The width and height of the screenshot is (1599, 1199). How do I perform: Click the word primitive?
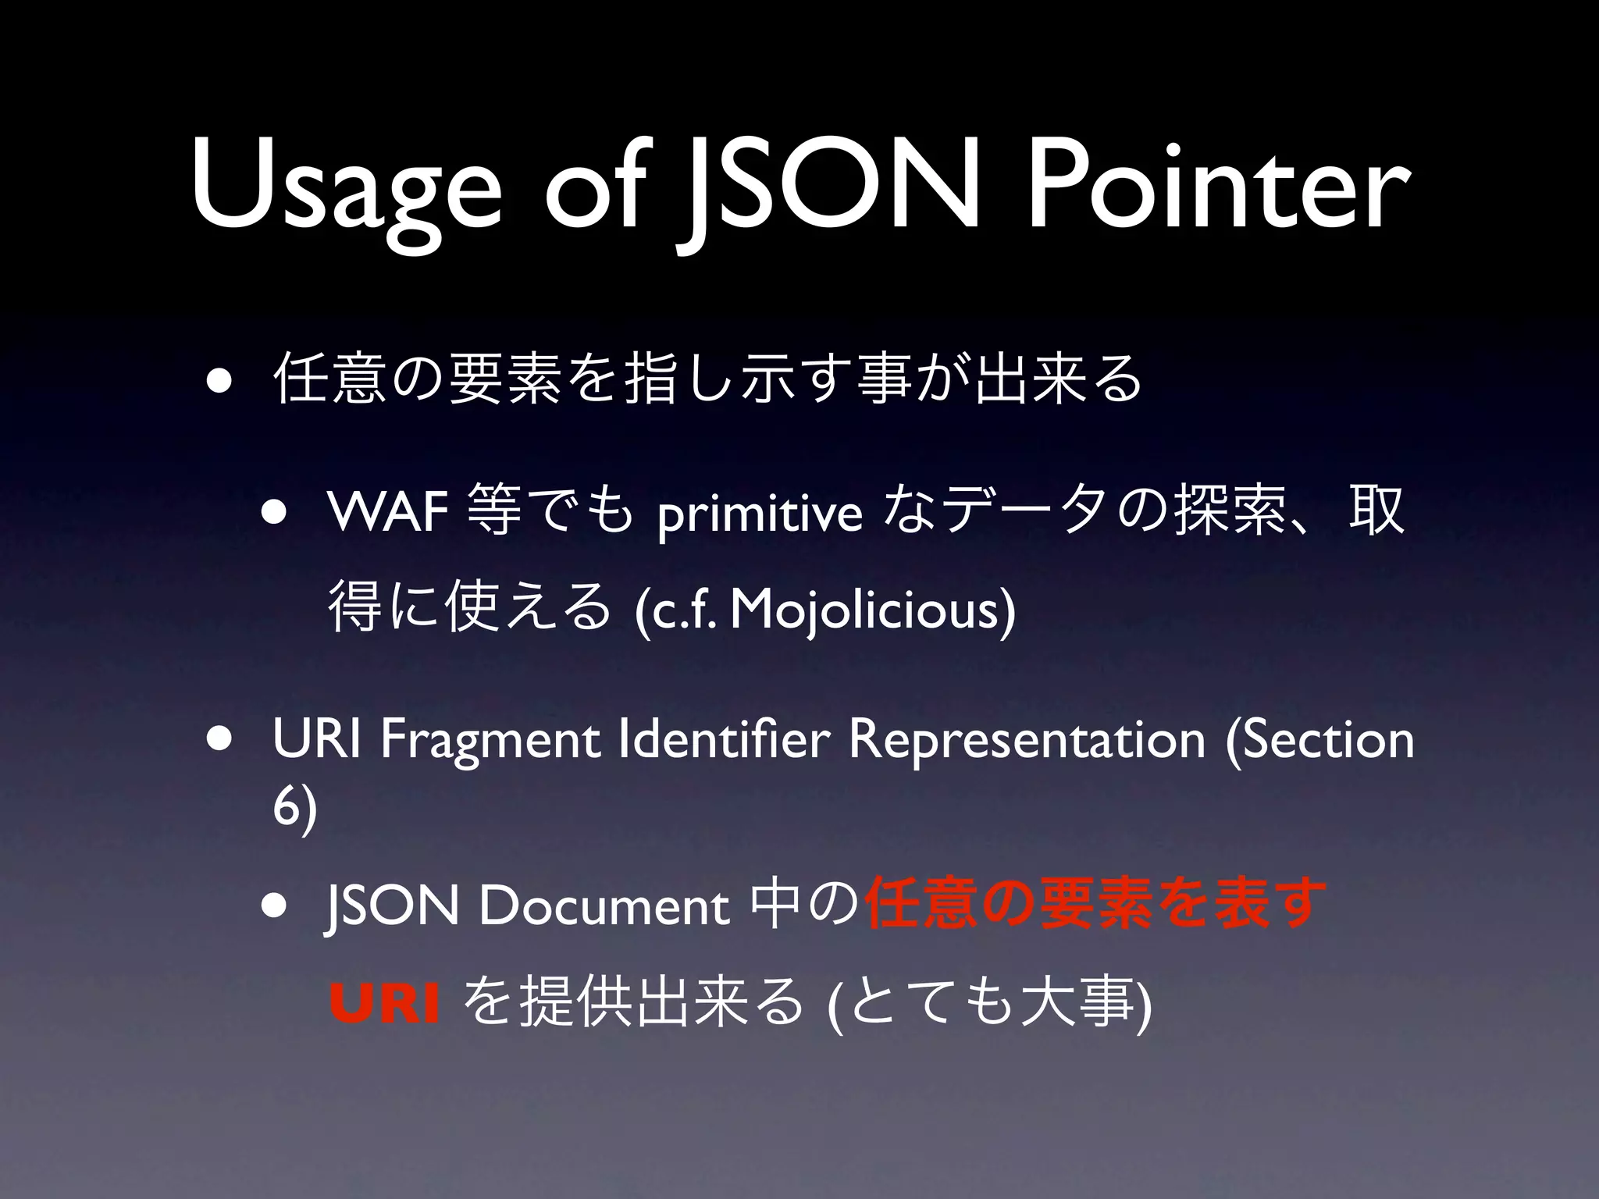pyautogui.click(x=759, y=515)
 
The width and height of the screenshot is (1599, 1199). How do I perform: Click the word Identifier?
pyautogui.click(x=722, y=739)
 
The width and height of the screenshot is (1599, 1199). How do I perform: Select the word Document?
pyautogui.click(x=604, y=906)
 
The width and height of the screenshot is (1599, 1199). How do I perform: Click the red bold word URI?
pyautogui.click(x=384, y=1004)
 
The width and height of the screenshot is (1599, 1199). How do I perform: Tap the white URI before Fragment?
pyautogui.click(x=317, y=739)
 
